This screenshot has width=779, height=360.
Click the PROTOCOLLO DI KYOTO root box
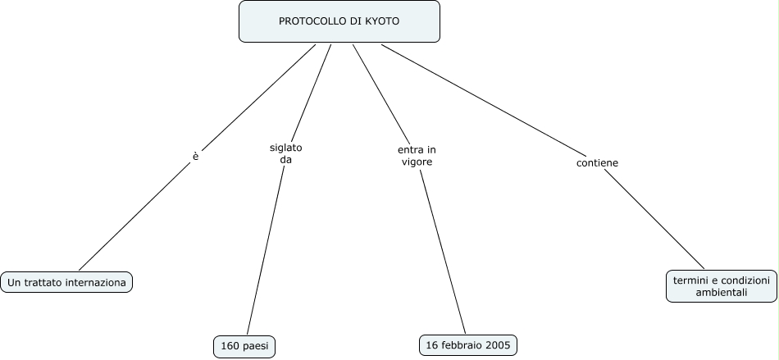coord(339,21)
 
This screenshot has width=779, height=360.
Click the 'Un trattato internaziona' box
coord(66,283)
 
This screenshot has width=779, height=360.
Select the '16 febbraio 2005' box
coord(467,345)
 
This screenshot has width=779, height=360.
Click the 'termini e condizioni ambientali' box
coord(722,286)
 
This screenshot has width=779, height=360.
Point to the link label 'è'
coord(195,156)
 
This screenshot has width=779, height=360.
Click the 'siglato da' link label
coord(285,153)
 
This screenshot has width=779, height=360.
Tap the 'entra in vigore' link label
coord(417,156)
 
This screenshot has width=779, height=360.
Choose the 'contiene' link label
coord(597,163)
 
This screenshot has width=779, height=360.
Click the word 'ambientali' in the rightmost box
coord(722,292)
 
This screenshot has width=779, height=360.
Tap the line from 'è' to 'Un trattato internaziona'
coord(135,216)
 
